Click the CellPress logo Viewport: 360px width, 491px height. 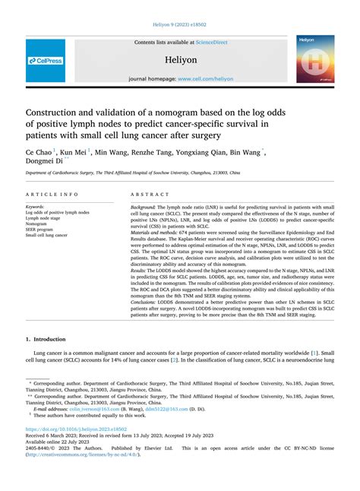click(46, 60)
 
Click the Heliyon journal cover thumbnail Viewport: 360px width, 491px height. click(315, 59)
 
